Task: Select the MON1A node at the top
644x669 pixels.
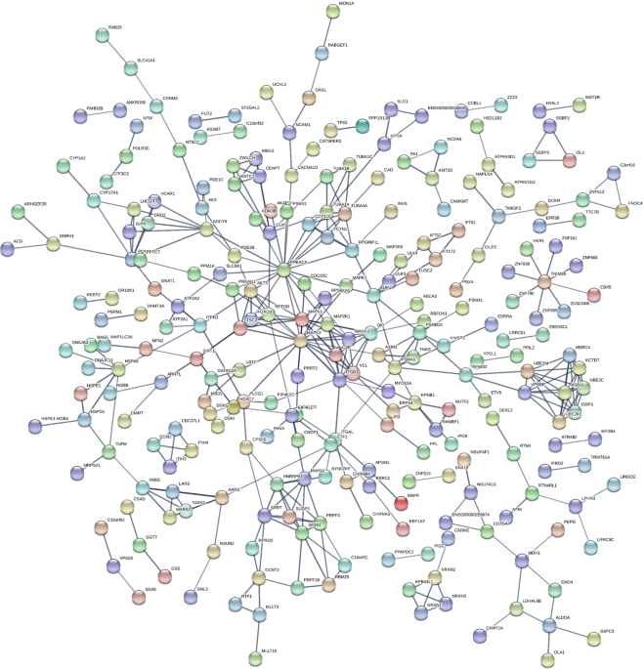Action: pyautogui.click(x=332, y=12)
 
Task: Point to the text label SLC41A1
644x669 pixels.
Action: pyautogui.click(x=146, y=61)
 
